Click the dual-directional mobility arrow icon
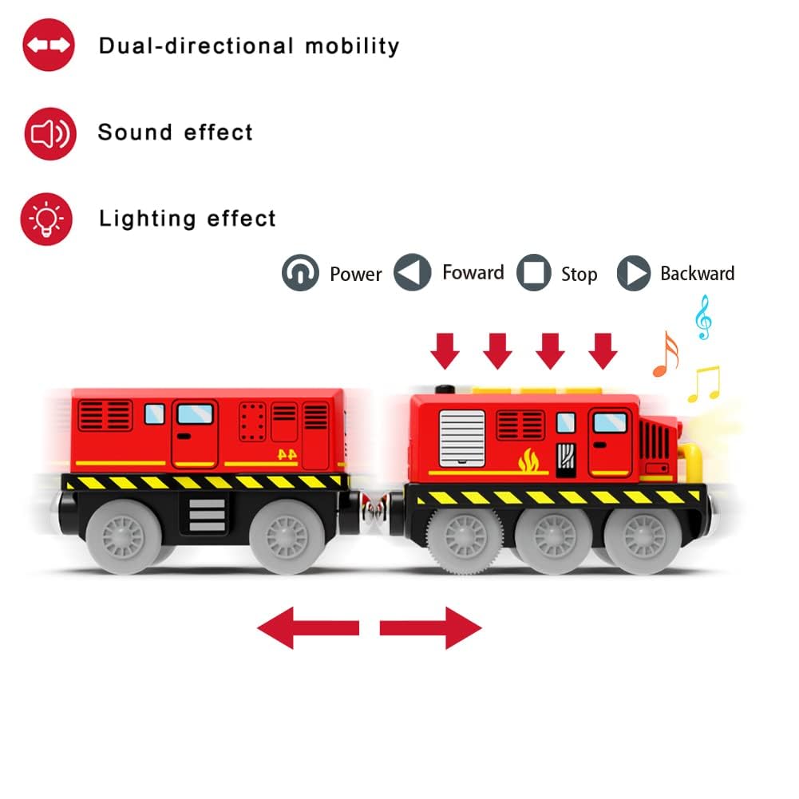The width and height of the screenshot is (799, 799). (x=49, y=45)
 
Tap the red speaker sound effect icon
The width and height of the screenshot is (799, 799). (x=49, y=133)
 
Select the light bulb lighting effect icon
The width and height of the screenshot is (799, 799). (x=47, y=218)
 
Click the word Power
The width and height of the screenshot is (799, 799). (x=356, y=275)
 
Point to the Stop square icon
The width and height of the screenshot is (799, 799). (x=534, y=274)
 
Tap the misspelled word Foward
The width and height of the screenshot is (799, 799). (x=473, y=273)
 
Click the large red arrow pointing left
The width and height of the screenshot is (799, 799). (x=308, y=627)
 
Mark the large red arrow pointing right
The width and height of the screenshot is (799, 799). (x=431, y=627)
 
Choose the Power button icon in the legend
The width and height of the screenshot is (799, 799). (x=300, y=274)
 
